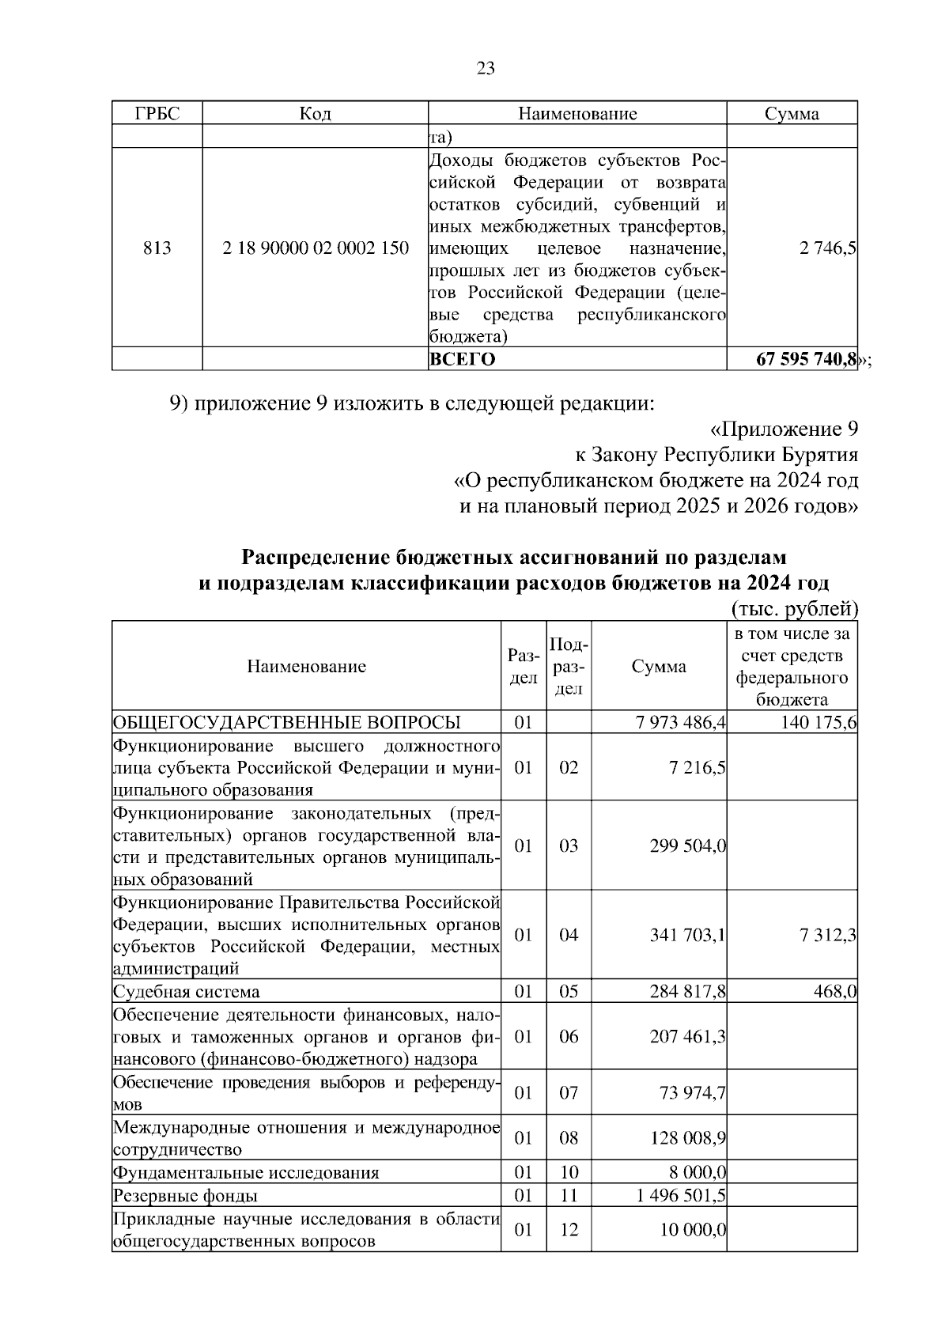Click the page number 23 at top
point(486,69)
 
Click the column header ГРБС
point(157,114)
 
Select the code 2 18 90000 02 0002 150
point(316,248)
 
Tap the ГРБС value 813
point(157,248)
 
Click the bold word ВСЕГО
point(462,360)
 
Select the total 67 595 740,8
point(806,360)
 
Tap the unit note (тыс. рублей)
point(791,609)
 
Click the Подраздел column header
point(569,666)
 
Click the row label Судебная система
point(187,992)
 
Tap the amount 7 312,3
point(828,935)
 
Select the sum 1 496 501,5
point(681,1196)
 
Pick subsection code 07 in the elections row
point(569,1093)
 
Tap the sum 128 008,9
point(688,1138)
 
